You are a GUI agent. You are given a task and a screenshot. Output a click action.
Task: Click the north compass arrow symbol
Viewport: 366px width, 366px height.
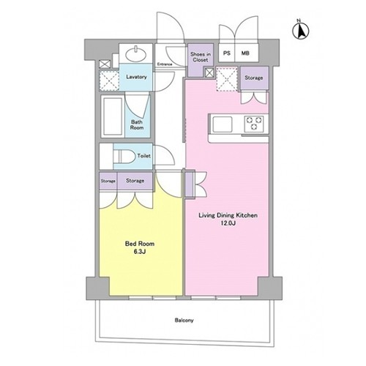point(301,30)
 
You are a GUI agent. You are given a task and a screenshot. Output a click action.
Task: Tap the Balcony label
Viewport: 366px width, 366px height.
point(184,320)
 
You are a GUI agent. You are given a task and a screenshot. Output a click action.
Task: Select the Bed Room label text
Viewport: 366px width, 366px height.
point(140,244)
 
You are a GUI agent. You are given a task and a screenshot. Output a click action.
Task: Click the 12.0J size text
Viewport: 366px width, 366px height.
point(228,223)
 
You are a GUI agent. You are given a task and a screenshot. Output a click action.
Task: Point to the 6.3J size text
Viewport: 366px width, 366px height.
point(140,252)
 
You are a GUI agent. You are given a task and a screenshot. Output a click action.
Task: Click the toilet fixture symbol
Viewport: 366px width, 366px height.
point(124,156)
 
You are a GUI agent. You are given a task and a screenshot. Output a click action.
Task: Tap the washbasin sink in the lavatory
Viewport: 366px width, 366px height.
point(136,54)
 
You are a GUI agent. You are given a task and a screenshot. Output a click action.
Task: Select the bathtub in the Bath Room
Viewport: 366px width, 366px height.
point(113,116)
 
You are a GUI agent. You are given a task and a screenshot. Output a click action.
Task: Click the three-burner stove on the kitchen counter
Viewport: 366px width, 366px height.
point(254,124)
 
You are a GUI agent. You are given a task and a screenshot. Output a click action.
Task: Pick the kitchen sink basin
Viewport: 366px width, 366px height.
point(223,124)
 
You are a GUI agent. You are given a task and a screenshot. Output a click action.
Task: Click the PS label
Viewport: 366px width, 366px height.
point(227,53)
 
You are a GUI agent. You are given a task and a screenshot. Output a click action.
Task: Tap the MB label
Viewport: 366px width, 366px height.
point(245,53)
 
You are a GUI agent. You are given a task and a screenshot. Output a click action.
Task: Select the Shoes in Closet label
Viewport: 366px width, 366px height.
point(201,57)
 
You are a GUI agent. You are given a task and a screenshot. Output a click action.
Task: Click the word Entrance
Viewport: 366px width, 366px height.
point(165,64)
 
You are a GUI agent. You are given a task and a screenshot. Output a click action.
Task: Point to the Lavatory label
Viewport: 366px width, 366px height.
point(136,77)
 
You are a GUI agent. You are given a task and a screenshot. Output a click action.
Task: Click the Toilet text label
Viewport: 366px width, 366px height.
point(144,156)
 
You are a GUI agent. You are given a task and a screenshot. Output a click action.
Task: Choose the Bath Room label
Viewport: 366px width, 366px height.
point(137,124)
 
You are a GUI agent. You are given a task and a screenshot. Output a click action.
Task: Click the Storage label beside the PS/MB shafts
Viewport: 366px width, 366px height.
point(254,78)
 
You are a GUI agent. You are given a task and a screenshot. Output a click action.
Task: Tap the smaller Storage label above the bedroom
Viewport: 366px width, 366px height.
point(108,181)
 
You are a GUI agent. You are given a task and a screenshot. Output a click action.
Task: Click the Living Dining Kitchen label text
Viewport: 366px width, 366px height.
point(228,215)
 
